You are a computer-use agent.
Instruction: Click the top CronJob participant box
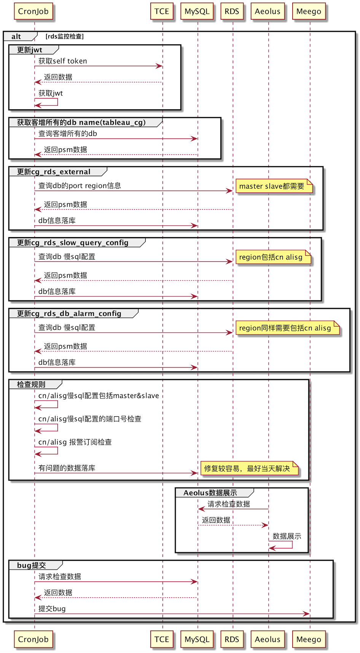33,11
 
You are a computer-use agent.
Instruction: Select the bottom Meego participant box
309,639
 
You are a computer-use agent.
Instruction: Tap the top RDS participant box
232,11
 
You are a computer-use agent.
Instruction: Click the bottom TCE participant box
162,639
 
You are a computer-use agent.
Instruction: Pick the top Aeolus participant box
268,11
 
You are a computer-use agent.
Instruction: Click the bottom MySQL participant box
197,639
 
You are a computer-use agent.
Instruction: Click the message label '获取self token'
63,61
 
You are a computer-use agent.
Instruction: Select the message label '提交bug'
52,609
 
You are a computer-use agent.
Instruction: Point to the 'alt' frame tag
16,37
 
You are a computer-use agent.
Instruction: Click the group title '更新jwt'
30,50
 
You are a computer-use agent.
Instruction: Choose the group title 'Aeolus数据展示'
210,493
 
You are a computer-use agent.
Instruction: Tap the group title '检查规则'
31,384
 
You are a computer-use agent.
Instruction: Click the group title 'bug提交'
32,565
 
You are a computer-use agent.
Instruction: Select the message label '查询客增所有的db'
68,134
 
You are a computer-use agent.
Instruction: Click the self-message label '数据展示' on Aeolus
287,536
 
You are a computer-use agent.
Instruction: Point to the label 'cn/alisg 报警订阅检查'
75,442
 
